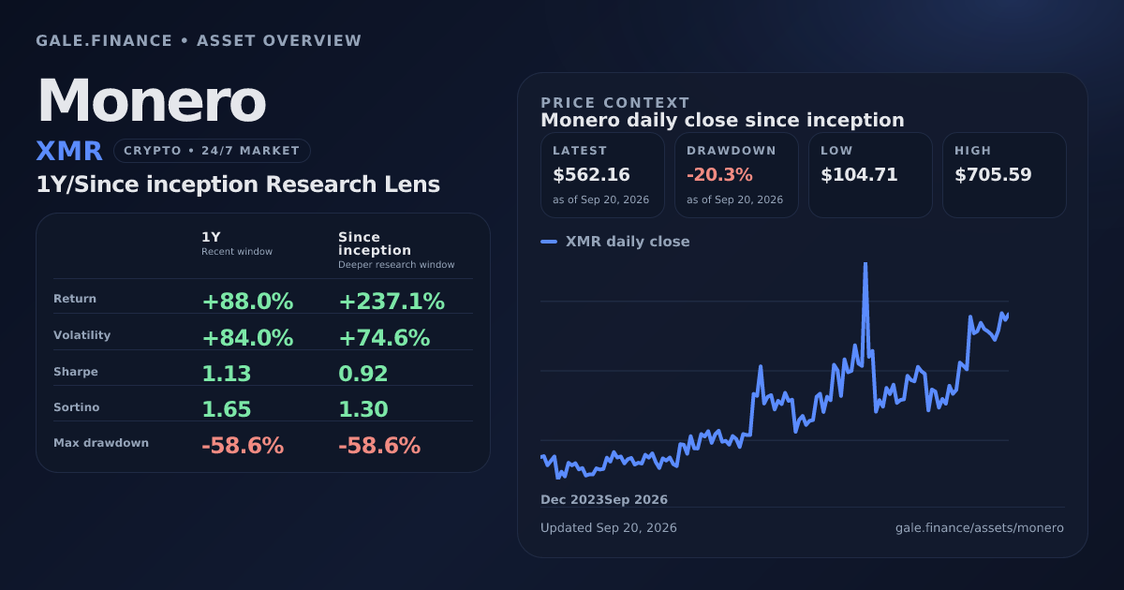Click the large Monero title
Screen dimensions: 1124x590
pos(152,100)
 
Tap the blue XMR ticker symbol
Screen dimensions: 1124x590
pos(69,151)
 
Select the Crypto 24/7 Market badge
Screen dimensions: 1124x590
pos(212,151)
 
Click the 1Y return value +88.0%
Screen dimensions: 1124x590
pos(247,302)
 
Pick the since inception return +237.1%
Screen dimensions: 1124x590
pos(392,302)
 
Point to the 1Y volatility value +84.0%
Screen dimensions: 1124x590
pos(247,338)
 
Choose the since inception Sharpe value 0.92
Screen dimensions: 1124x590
pos(362,374)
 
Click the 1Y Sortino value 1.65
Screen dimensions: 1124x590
pos(227,409)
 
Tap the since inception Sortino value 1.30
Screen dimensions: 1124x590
pos(363,409)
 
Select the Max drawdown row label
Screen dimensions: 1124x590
pos(101,443)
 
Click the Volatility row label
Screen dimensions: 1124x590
pos(81,335)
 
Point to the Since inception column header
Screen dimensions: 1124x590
pos(375,243)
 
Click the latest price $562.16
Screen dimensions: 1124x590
pos(591,174)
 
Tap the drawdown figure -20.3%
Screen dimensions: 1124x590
pos(719,174)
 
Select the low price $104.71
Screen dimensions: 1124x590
pos(859,174)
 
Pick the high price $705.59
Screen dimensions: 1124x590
pos(993,174)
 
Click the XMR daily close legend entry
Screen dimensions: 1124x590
pos(615,242)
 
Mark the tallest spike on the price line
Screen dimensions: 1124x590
pos(865,264)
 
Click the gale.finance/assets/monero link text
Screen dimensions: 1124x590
pos(980,528)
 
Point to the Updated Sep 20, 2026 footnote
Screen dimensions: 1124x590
pos(609,528)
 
